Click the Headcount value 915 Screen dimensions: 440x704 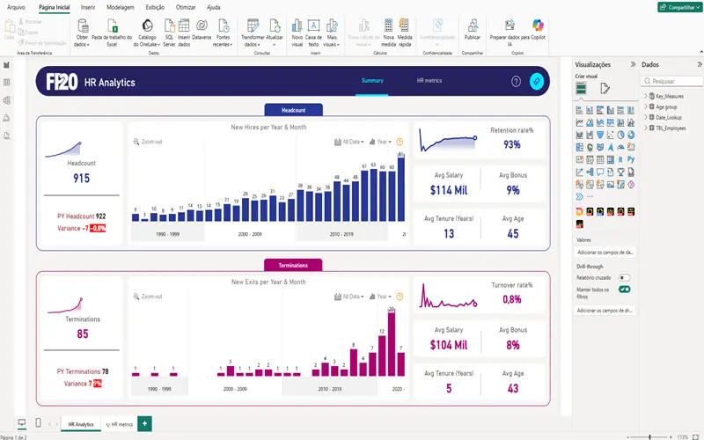pyautogui.click(x=81, y=179)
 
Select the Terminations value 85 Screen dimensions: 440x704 pyautogui.click(x=83, y=334)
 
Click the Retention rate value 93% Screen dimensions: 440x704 pyautogui.click(x=511, y=144)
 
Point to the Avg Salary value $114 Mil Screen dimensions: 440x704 pyautogui.click(x=447, y=189)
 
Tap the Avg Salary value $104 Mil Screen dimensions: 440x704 pyautogui.click(x=447, y=344)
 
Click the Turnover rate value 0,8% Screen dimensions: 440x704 pyautogui.click(x=511, y=299)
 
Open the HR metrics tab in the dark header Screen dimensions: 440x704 pyautogui.click(x=429, y=81)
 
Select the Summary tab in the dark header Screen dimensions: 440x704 pyautogui.click(x=371, y=81)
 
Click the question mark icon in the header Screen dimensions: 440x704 pyautogui.click(x=516, y=82)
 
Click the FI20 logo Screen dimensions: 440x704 pyautogui.click(x=62, y=82)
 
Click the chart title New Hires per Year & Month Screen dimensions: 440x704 pyautogui.click(x=268, y=128)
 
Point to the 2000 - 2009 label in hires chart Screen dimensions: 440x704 pyautogui.click(x=250, y=234)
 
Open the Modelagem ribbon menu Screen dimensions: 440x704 pyautogui.click(x=120, y=6)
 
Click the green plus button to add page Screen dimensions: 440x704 pyautogui.click(x=144, y=424)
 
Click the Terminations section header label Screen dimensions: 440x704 pyautogui.click(x=293, y=265)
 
